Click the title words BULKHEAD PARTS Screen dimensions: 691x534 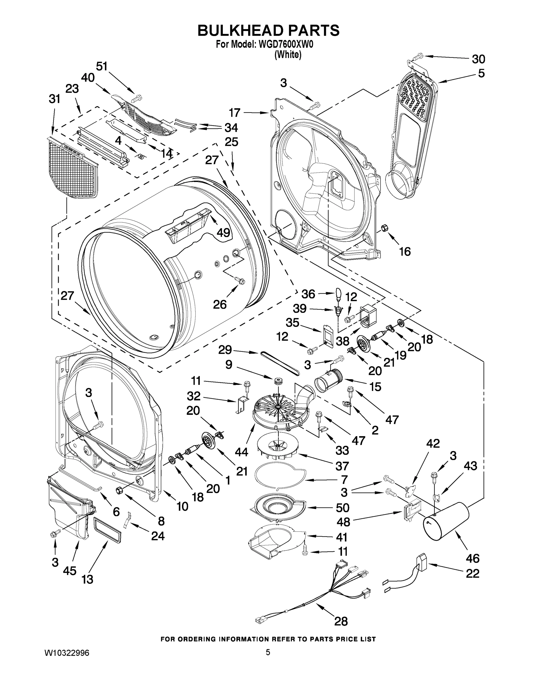tap(268, 31)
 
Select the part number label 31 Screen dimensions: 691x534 tap(54, 99)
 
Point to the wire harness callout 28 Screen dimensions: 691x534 tap(341, 621)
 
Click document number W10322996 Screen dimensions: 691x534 tap(67, 652)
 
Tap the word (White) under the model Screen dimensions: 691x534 tap(288, 55)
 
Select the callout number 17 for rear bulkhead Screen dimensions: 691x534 tap(235, 113)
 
